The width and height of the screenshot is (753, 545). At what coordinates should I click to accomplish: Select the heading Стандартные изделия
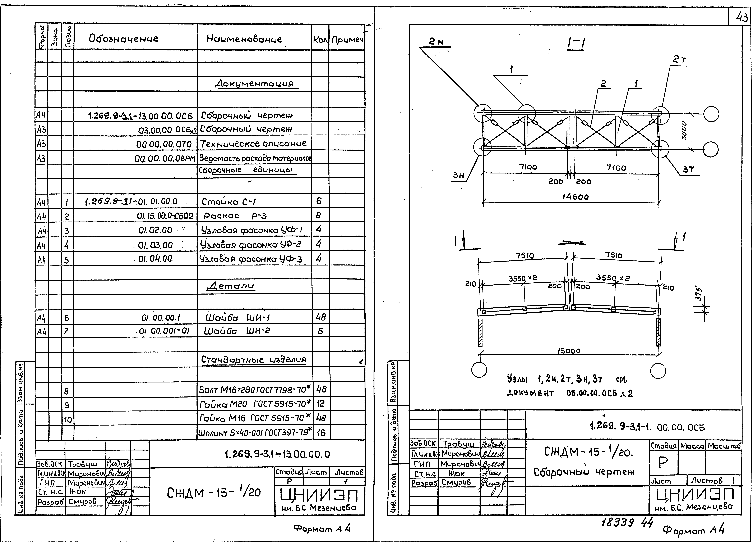point(254,360)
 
